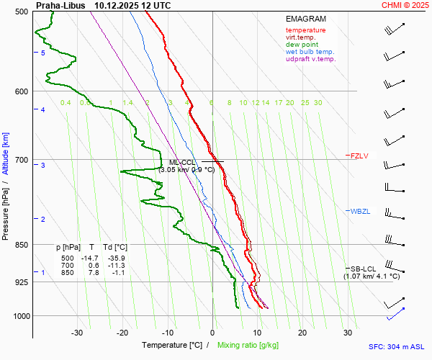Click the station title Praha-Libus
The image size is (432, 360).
(x=62, y=5)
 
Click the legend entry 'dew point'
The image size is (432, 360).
(x=302, y=45)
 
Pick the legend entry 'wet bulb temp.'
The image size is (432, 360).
(x=310, y=52)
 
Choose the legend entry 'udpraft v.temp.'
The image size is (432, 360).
(x=310, y=59)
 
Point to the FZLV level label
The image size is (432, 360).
(x=359, y=156)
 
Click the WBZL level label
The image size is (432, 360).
(x=359, y=212)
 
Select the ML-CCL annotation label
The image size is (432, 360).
(x=182, y=163)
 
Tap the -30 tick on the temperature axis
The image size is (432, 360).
(x=78, y=333)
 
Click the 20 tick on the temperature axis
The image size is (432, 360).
(x=302, y=333)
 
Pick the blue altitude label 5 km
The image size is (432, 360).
(x=43, y=53)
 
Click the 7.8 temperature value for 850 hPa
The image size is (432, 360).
(x=94, y=273)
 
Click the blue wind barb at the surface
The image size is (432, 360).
(x=395, y=313)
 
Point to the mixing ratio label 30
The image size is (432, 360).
(x=318, y=103)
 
